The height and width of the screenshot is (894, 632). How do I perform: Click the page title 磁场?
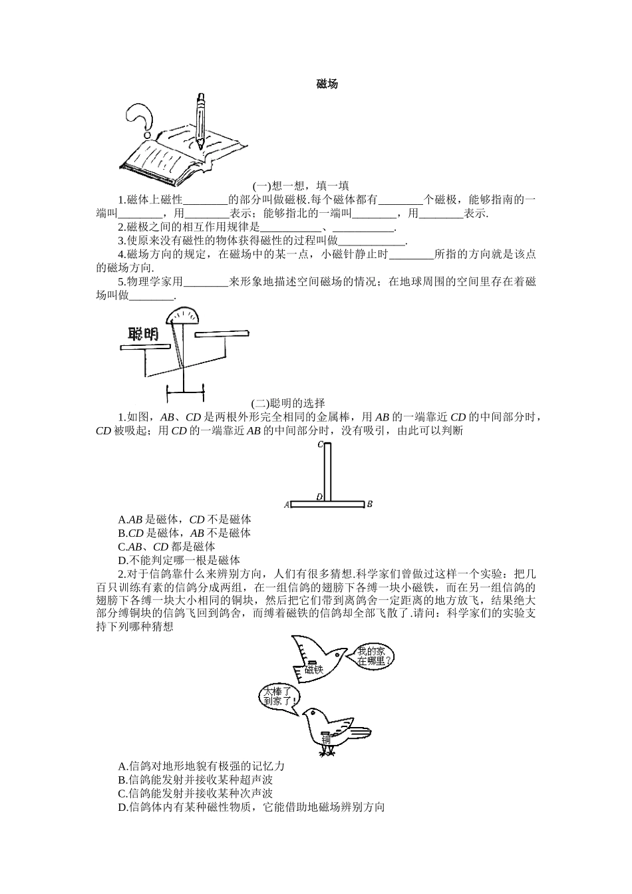tap(327, 84)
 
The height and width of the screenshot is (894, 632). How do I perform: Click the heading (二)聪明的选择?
tap(288, 402)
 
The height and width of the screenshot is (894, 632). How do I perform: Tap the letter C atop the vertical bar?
tap(321, 444)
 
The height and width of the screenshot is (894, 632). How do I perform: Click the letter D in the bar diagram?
tap(319, 496)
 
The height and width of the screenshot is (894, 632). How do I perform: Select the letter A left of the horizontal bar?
tap(287, 505)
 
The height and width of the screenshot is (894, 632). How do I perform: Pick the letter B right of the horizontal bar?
tap(369, 504)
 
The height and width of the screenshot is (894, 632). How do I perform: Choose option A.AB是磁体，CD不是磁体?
tap(184, 520)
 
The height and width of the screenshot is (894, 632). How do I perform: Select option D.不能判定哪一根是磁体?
tap(179, 560)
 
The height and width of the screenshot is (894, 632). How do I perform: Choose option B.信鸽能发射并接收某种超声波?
tap(196, 780)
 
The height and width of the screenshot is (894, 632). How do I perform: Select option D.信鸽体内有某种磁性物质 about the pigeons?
tap(251, 807)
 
